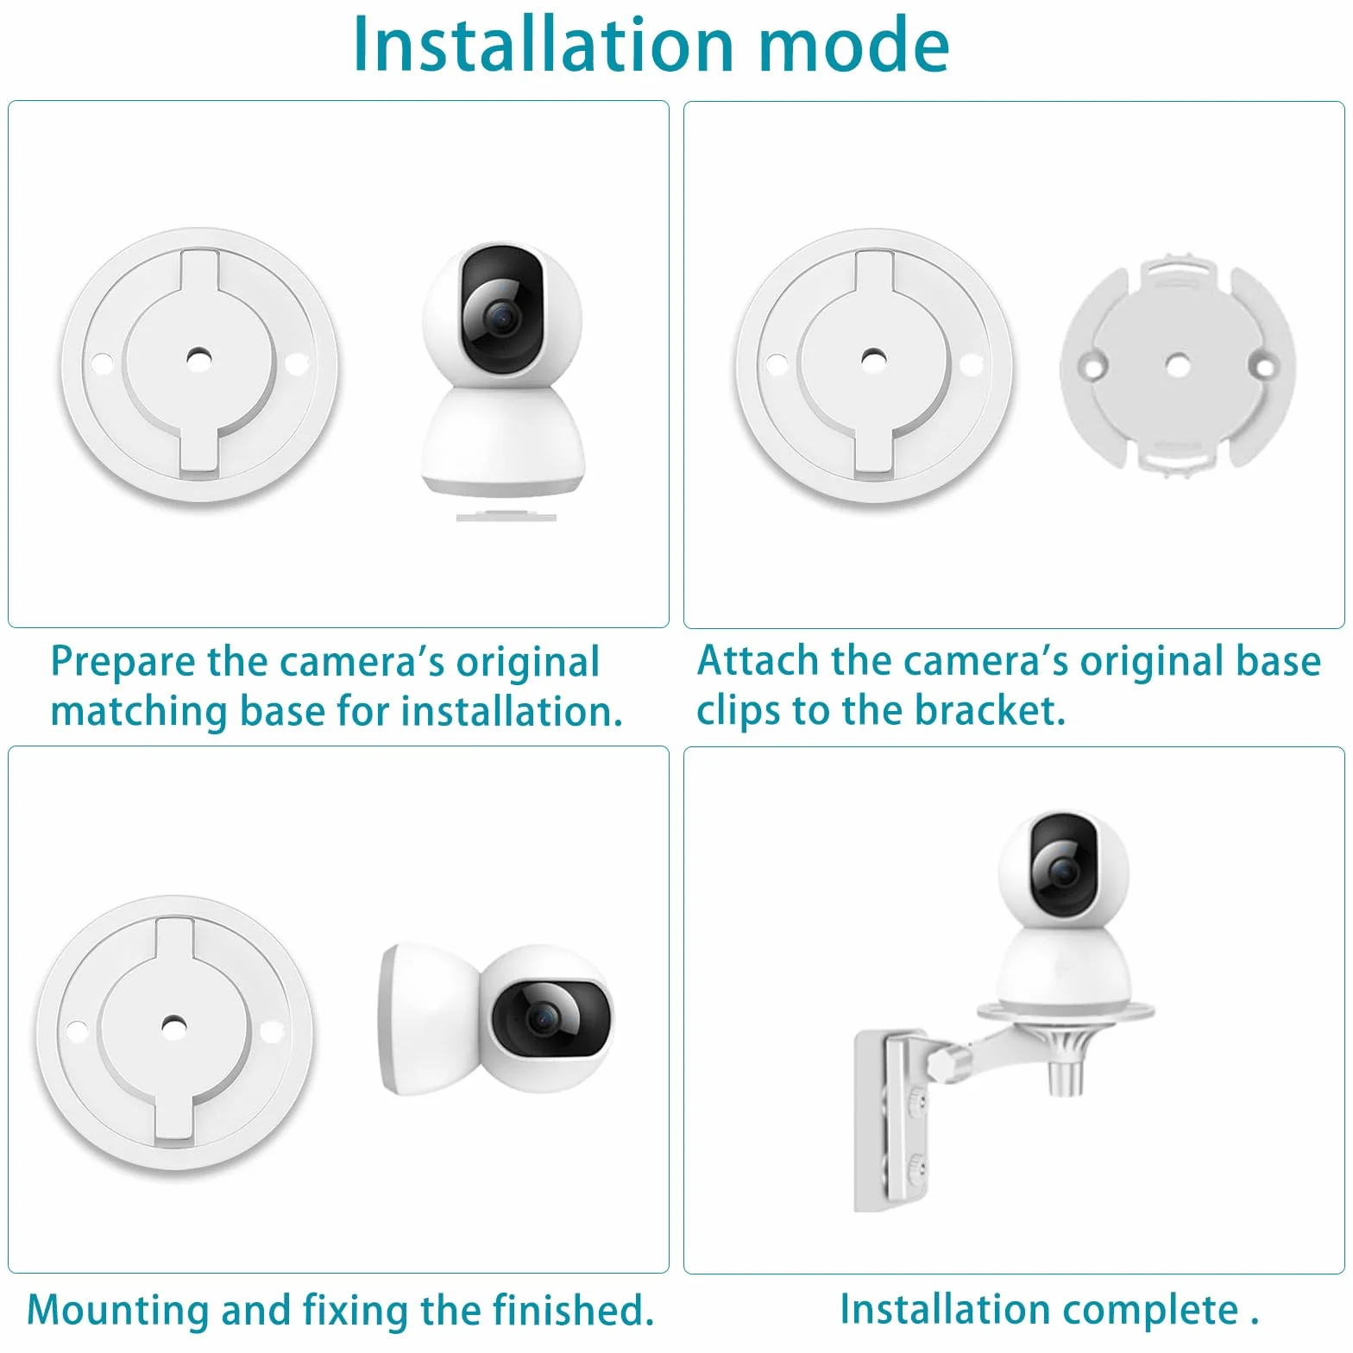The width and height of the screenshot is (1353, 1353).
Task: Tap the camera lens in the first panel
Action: [500, 318]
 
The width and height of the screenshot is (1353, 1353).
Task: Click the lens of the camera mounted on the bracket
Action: [1061, 872]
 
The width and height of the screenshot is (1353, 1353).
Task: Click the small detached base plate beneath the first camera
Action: [507, 517]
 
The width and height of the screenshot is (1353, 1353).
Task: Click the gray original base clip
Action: [1178, 364]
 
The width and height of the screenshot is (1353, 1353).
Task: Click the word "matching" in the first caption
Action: [139, 713]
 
